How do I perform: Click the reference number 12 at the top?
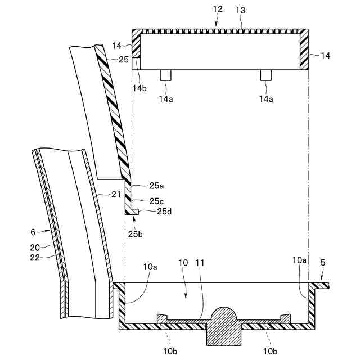pyautogui.click(x=218, y=10)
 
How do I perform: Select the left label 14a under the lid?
pyautogui.click(x=166, y=99)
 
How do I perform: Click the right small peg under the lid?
pyautogui.click(x=265, y=74)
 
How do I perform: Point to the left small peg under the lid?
pyautogui.click(x=165, y=74)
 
